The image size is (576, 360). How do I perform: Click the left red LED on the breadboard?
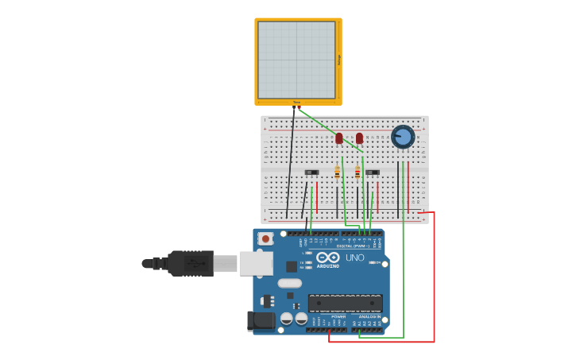point(339,138)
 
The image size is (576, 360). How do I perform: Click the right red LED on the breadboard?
point(359,138)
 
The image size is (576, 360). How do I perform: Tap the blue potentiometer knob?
point(403,137)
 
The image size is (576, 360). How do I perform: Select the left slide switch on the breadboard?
point(311,172)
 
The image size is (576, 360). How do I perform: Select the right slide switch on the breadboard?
point(372,172)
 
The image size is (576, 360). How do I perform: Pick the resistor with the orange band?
point(337,172)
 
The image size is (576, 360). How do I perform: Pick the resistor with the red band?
point(358,172)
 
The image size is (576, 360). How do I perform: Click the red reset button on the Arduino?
point(265,238)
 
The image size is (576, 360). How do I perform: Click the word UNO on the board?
point(354,257)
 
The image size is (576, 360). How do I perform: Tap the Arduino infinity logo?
point(327,257)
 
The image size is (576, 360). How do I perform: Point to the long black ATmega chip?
point(345,303)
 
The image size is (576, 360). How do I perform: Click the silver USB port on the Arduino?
point(256,263)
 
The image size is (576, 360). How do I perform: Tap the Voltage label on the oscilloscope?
point(339,60)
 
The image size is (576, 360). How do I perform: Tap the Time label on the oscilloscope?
point(296,102)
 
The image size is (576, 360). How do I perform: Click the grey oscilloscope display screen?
point(296,60)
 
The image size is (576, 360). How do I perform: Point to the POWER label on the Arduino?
point(338,316)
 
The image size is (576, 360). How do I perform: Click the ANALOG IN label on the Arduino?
point(369,316)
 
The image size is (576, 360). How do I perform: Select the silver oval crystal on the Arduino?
point(290,283)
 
